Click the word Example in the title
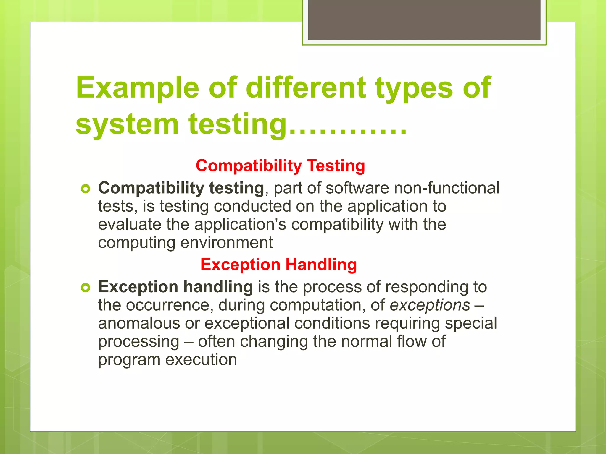[138, 88]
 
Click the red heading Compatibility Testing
[280, 166]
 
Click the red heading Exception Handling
[278, 264]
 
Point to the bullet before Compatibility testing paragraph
[85, 189]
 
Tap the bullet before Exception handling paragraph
[85, 287]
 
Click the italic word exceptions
[430, 305]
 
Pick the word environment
[227, 243]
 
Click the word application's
[240, 224]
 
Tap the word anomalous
[139, 323]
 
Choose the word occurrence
[168, 305]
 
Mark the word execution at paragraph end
[201, 360]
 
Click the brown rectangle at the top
[424, 20]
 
